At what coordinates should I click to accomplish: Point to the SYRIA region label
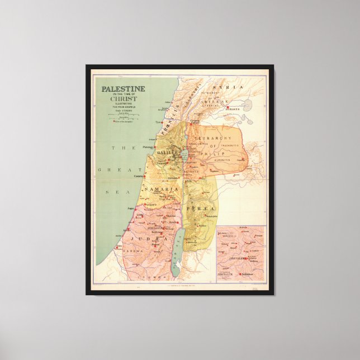tap(234, 87)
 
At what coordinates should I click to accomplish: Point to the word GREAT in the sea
tap(111, 169)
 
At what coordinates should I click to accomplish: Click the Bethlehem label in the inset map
tap(248, 274)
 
